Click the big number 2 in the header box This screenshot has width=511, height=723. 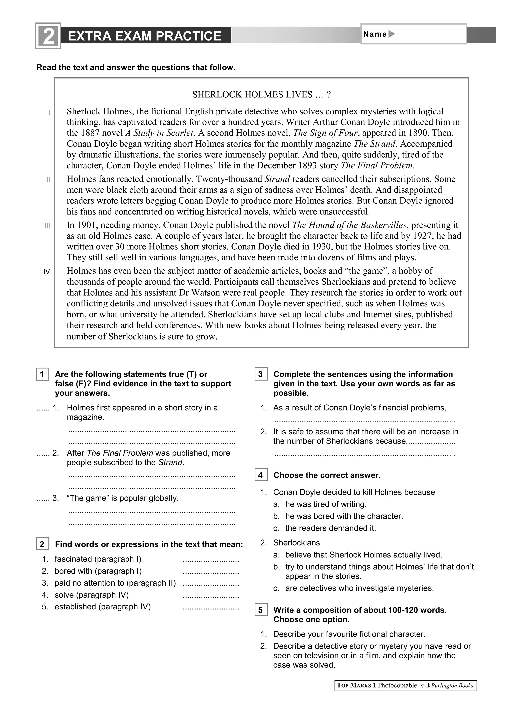point(48,36)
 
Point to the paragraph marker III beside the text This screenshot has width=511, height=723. point(47,226)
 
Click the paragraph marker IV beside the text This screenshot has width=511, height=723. point(47,272)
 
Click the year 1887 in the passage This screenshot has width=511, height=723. point(90,133)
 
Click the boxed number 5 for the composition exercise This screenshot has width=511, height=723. point(261,610)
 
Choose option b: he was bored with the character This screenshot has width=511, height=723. point(344,516)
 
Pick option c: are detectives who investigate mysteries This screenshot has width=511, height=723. point(359,588)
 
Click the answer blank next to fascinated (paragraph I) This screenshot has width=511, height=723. point(211,560)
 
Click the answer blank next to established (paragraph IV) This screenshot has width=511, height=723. point(211,607)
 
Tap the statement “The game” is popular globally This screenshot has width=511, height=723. point(123,498)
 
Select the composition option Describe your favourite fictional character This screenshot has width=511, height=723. point(349,634)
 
